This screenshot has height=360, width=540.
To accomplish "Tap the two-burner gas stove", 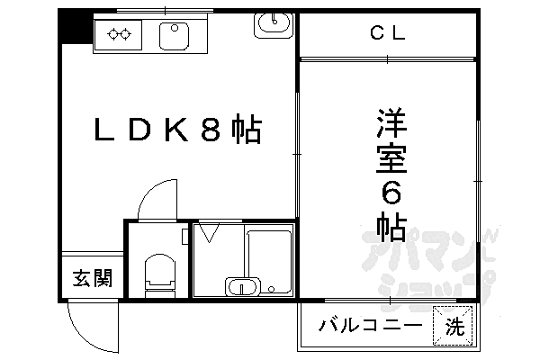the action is [x=119, y=35].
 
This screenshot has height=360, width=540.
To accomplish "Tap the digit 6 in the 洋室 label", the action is [x=390, y=193].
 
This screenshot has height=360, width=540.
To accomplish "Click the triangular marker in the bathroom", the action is [x=209, y=234].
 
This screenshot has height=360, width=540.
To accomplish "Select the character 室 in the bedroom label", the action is [x=390, y=157].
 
